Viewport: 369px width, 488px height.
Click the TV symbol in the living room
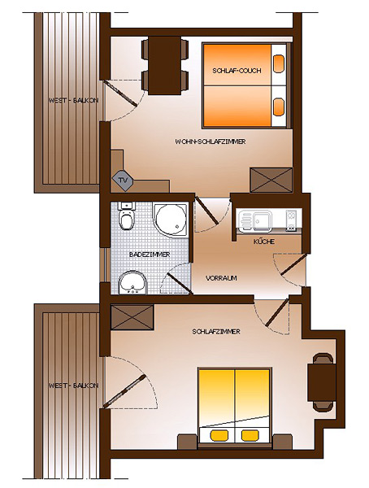pos(123,181)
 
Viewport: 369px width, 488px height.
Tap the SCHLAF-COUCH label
pos(237,71)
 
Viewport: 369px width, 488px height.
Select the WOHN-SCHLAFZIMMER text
pos(211,142)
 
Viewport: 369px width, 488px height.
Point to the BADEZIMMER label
pos(150,255)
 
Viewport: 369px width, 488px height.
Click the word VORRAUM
pos(221,278)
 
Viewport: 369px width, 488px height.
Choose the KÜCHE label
pos(264,242)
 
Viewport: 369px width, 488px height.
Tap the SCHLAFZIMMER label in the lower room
pos(216,332)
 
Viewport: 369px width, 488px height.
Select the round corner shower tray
pos(170,220)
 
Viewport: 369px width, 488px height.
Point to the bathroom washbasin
pos(132,282)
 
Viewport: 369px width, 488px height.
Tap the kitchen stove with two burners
pos(291,220)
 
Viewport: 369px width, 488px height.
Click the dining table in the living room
pos(165,66)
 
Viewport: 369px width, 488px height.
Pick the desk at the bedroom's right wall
pos(322,382)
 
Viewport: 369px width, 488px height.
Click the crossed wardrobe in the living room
pos(271,181)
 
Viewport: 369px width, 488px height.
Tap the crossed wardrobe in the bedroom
pos(132,317)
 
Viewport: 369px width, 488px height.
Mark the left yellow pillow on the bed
pos(219,435)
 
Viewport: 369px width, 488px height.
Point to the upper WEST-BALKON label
pos(73,101)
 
